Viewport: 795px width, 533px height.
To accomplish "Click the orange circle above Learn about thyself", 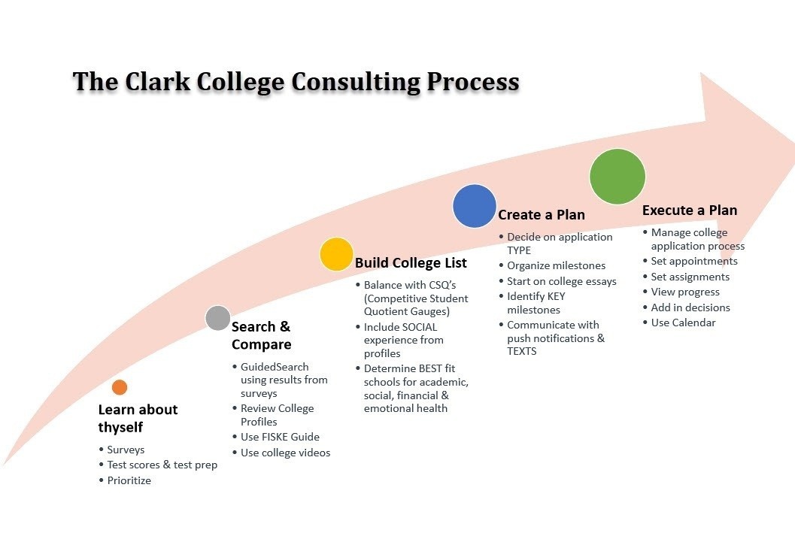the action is click(x=120, y=387).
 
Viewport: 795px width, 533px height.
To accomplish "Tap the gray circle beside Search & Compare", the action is click(x=218, y=318).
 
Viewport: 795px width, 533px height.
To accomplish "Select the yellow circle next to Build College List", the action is click(x=336, y=254).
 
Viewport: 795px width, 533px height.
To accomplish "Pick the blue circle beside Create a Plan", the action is click(x=474, y=206).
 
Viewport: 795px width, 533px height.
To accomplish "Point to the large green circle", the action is click(x=617, y=177).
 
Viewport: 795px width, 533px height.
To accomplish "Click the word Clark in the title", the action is click(x=157, y=82).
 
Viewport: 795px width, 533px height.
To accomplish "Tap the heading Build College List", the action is click(x=411, y=263).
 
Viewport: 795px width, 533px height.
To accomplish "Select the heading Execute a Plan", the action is click(x=690, y=210).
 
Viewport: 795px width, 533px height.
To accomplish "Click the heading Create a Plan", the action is click(x=542, y=215).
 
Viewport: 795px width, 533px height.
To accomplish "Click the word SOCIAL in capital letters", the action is click(x=418, y=327).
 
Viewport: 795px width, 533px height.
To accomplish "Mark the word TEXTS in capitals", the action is click(x=522, y=351).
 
